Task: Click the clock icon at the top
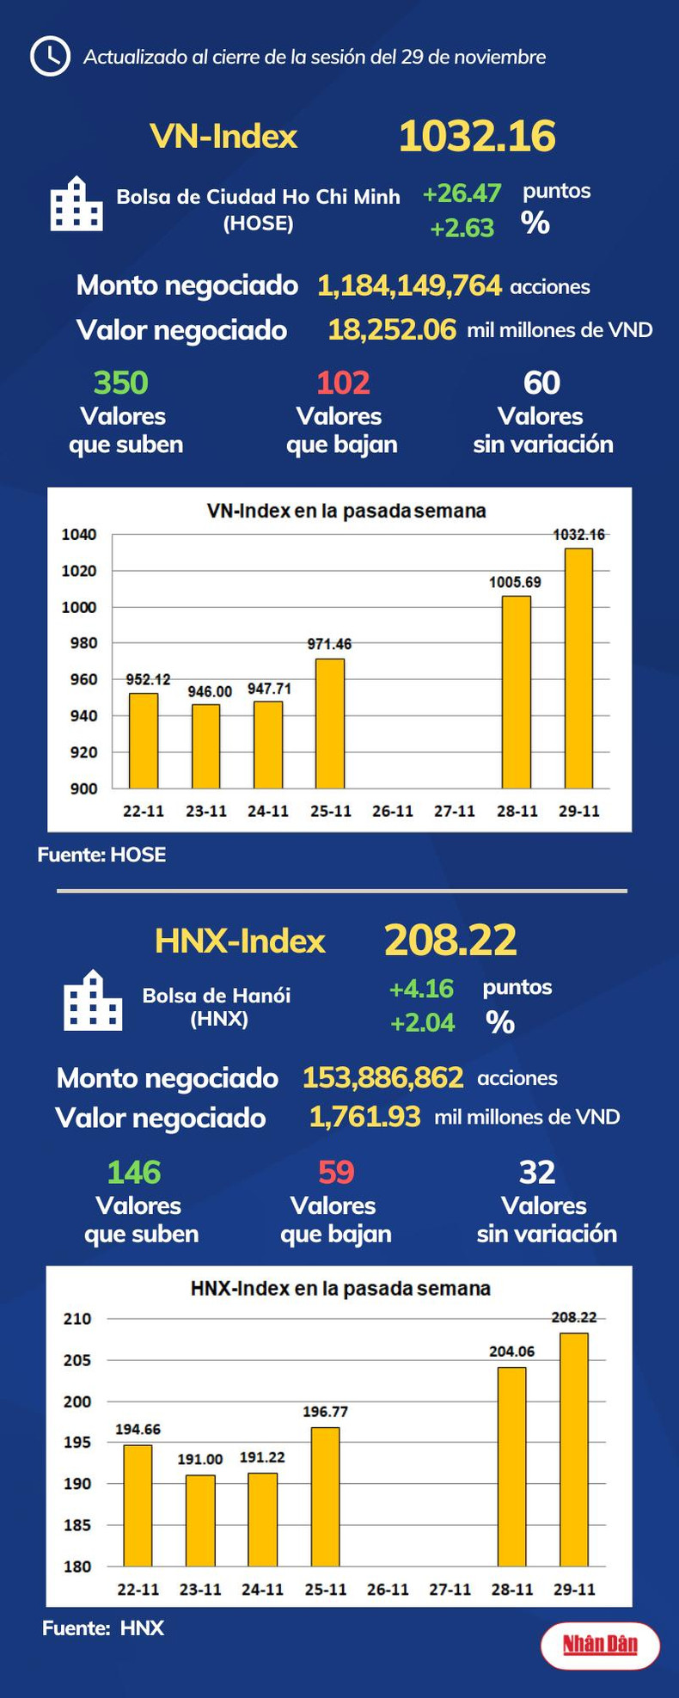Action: click(50, 57)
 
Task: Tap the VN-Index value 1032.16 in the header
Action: click(477, 137)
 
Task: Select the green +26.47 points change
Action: click(462, 193)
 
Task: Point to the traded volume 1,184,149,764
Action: click(409, 285)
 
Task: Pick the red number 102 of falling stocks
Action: click(343, 383)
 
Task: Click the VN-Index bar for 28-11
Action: click(516, 692)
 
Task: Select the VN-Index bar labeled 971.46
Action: click(330, 723)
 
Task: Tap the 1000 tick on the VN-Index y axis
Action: click(79, 607)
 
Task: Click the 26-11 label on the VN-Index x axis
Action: click(393, 811)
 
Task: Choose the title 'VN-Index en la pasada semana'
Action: click(346, 511)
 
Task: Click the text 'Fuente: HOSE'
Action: click(101, 855)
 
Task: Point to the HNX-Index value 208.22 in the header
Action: click(450, 940)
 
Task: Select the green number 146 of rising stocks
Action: click(134, 1172)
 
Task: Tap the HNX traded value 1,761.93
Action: click(364, 1117)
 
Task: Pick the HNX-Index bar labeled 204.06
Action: click(511, 1466)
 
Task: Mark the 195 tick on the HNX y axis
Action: click(77, 1442)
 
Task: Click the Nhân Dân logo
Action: click(600, 1646)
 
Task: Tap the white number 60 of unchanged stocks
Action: click(541, 383)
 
